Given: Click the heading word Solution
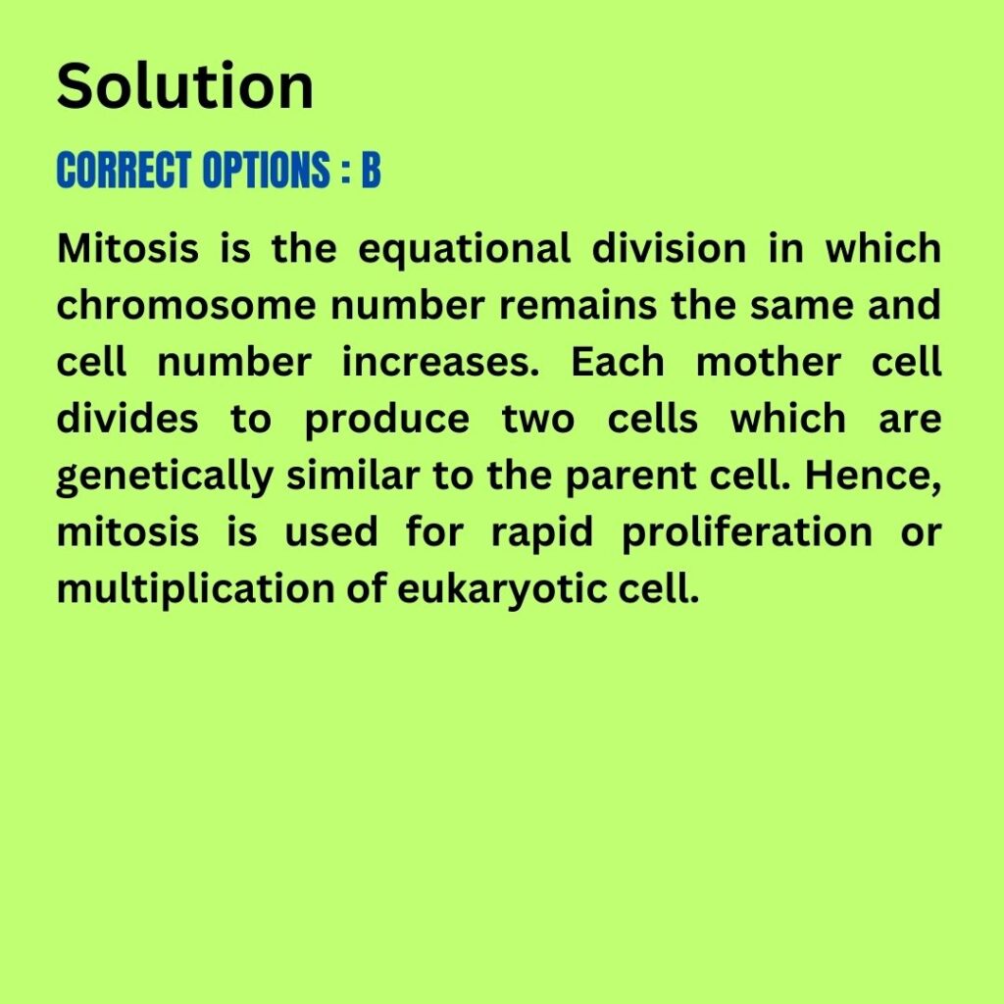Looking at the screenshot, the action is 185,86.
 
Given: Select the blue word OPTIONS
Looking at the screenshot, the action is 267,170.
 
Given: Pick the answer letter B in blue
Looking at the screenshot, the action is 372,170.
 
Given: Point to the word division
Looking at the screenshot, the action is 669,248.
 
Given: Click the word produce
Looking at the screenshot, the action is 386,420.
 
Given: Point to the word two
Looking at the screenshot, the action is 538,419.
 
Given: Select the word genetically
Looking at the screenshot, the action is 165,477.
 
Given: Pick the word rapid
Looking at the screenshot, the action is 542,533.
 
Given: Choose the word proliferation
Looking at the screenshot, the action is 747,533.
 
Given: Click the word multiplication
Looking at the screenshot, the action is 195,589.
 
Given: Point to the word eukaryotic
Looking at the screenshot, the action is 501,589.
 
